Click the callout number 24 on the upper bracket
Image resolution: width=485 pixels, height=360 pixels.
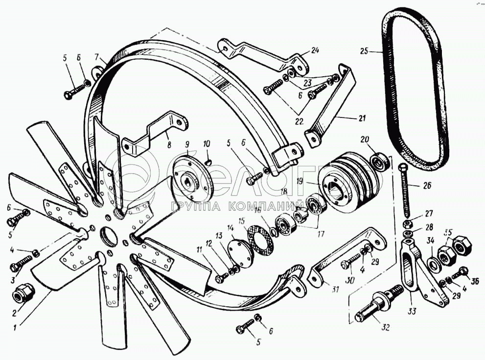coord(314,50)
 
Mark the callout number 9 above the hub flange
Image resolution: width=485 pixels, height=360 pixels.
coord(186,144)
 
